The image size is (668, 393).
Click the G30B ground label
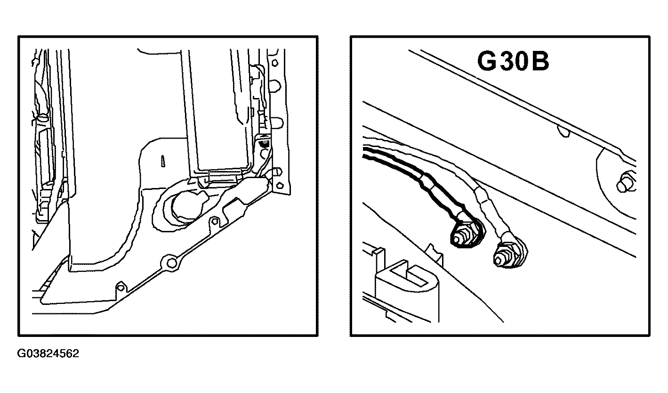(513, 61)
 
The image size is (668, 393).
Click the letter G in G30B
(487, 61)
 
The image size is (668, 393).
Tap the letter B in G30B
(540, 61)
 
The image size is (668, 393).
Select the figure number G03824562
(48, 353)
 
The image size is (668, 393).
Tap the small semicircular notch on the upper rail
(563, 131)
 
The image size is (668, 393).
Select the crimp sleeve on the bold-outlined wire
(427, 186)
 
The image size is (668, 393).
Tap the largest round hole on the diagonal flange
(171, 262)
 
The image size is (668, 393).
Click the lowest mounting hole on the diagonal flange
(121, 287)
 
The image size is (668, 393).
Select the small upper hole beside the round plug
(214, 221)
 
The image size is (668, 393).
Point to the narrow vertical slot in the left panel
(163, 161)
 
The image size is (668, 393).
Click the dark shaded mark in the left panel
(264, 144)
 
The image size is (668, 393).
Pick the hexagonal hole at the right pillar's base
(280, 185)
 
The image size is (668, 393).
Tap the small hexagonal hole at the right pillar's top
(275, 63)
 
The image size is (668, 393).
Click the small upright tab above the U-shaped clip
(435, 254)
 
